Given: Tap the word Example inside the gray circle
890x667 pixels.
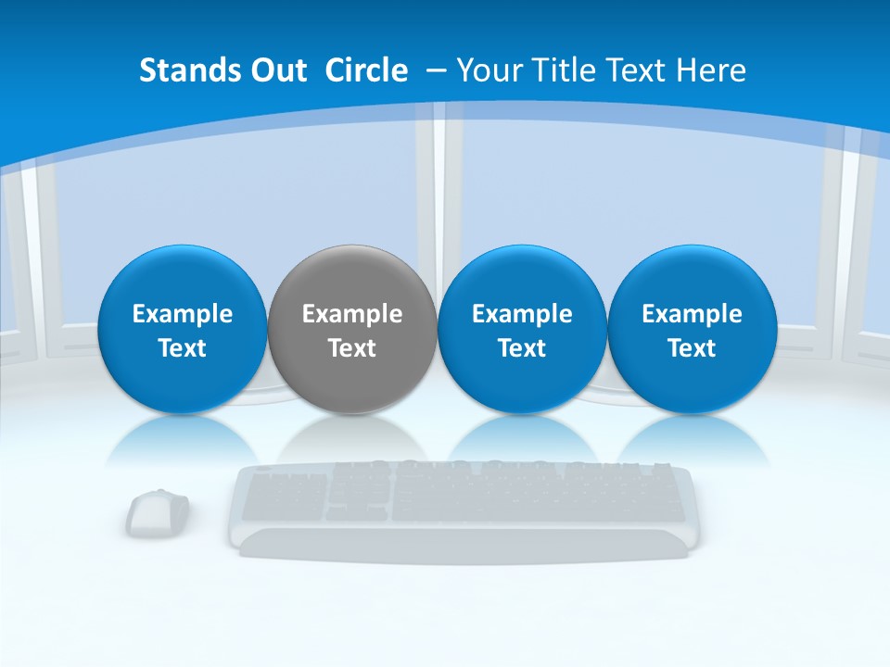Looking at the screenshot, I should pos(352,314).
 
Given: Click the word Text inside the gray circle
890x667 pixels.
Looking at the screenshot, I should pos(352,348).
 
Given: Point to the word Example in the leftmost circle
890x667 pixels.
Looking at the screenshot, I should pos(182,314).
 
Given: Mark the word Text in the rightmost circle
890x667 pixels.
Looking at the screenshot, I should pos(692,348).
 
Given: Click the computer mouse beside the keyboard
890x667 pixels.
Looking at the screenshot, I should pos(157,512).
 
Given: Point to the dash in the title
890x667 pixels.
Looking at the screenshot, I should pos(434,70).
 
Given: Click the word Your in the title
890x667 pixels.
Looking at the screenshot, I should pos(489,70).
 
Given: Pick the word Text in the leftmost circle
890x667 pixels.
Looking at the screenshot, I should pos(182,348).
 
